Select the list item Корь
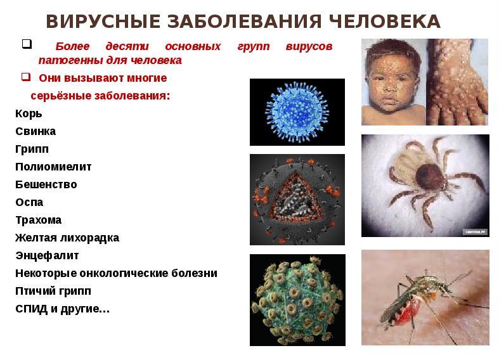tap(29, 113)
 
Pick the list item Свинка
tap(36, 131)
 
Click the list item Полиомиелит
tap(53, 167)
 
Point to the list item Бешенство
tap(46, 184)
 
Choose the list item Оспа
tap(29, 202)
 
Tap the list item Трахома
tap(39, 220)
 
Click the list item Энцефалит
tap(47, 255)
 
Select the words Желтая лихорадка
tap(67, 238)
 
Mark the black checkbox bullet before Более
tap(27, 44)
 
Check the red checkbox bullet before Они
tap(26, 77)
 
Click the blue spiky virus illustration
tap(297, 112)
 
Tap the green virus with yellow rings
tap(297, 300)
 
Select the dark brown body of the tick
tap(429, 177)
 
